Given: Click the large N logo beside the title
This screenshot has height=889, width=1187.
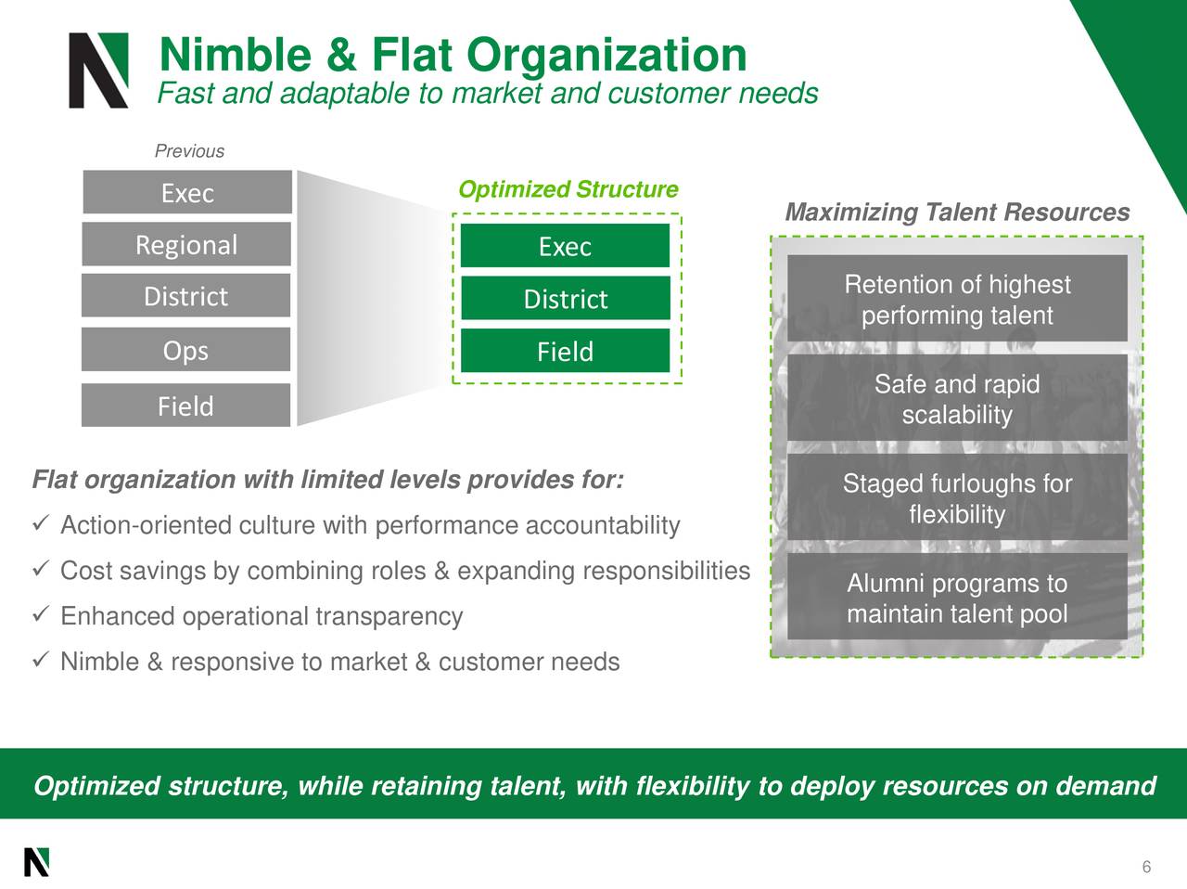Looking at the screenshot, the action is coord(98,71).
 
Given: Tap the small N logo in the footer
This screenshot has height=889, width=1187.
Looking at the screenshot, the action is coord(36,862).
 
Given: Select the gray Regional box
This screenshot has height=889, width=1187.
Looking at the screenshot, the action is coord(186,244).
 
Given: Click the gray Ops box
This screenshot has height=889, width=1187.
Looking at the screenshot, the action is coord(186,350).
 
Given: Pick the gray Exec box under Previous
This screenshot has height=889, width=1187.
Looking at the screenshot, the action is coord(187,192).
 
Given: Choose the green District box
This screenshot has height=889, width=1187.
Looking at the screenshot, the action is coord(565,298).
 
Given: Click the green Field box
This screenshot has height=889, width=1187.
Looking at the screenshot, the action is coord(565,351).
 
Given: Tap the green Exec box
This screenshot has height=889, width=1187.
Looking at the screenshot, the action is coord(565,246).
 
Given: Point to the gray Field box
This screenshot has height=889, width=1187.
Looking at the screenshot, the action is coord(186,406).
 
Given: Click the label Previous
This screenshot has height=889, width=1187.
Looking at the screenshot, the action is coord(189,151).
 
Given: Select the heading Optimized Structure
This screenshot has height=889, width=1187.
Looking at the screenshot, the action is coord(568,189).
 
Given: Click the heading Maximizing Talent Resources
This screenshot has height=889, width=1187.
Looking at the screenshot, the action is coord(957,213).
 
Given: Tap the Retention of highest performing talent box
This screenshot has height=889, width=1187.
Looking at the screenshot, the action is coord(957,299).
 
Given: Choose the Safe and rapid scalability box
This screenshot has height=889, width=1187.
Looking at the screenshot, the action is coord(957,399).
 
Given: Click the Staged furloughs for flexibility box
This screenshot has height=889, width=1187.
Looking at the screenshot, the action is coord(957,498).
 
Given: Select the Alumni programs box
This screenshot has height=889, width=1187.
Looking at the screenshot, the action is coord(957,598).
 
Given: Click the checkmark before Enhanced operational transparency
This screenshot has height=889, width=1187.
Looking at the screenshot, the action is coord(39,615).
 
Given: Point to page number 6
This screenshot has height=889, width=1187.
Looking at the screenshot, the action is coord(1146,867).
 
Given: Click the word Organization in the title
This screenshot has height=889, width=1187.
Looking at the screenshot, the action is coord(606,54).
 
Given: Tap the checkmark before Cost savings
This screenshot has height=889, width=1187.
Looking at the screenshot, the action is coord(39,570).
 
